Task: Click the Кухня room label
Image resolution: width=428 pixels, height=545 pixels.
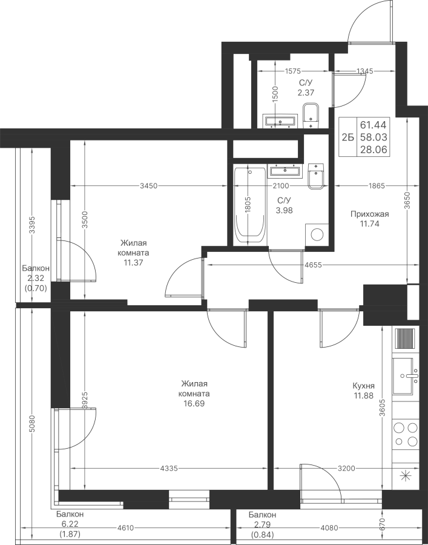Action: tap(363, 386)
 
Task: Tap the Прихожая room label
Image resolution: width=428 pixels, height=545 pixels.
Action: tap(370, 214)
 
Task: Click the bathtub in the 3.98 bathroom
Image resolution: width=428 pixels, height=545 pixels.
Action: tap(250, 206)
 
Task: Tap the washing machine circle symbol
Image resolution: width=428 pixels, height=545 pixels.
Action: tap(317, 234)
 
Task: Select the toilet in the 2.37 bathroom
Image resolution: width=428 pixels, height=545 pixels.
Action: tap(311, 116)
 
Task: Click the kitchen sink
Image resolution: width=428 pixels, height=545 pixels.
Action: tap(406, 376)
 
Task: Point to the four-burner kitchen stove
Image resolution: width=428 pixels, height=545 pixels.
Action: tap(406, 434)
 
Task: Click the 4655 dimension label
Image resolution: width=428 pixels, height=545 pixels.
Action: tap(314, 265)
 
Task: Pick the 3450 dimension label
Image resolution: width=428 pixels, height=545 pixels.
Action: tap(149, 186)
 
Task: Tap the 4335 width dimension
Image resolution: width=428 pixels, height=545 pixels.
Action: tap(169, 469)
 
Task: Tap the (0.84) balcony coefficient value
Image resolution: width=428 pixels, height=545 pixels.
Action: tap(262, 535)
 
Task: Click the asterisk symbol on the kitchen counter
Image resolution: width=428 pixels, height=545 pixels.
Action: tap(406, 475)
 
